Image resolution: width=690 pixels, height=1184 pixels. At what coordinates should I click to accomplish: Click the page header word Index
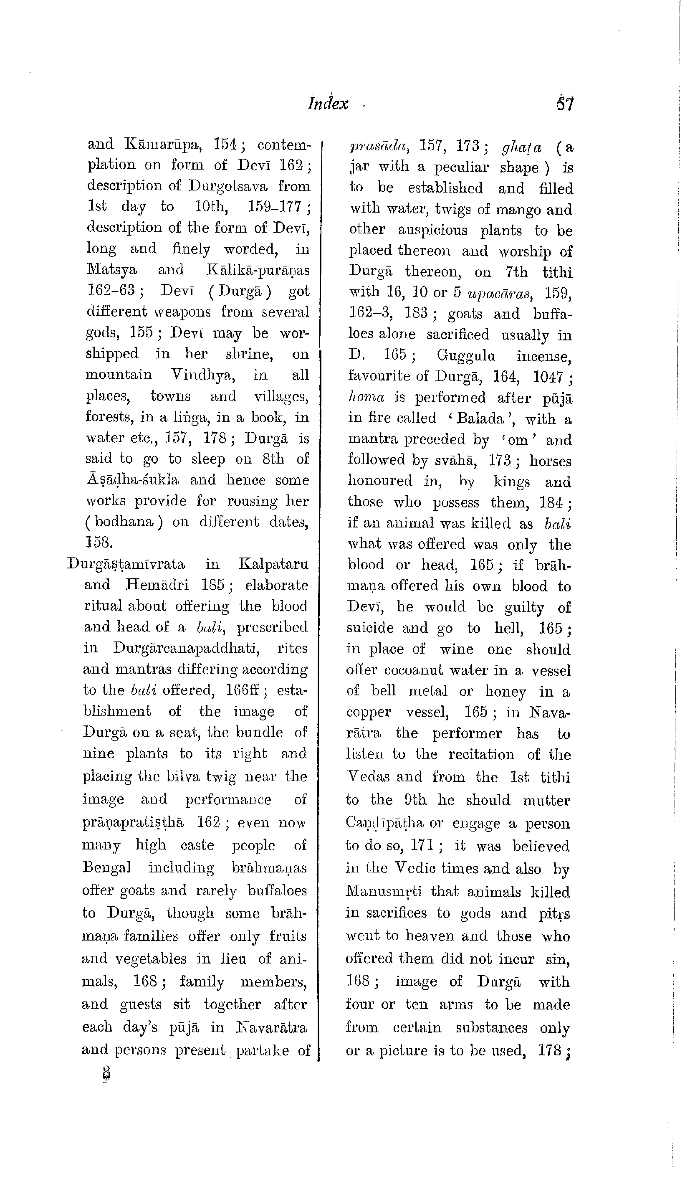tap(328, 104)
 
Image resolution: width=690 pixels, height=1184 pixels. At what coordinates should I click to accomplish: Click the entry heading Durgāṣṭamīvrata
tap(126, 563)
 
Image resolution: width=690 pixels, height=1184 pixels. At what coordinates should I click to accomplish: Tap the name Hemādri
tap(157, 585)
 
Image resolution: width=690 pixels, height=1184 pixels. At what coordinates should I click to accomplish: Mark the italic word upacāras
tap(501, 293)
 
